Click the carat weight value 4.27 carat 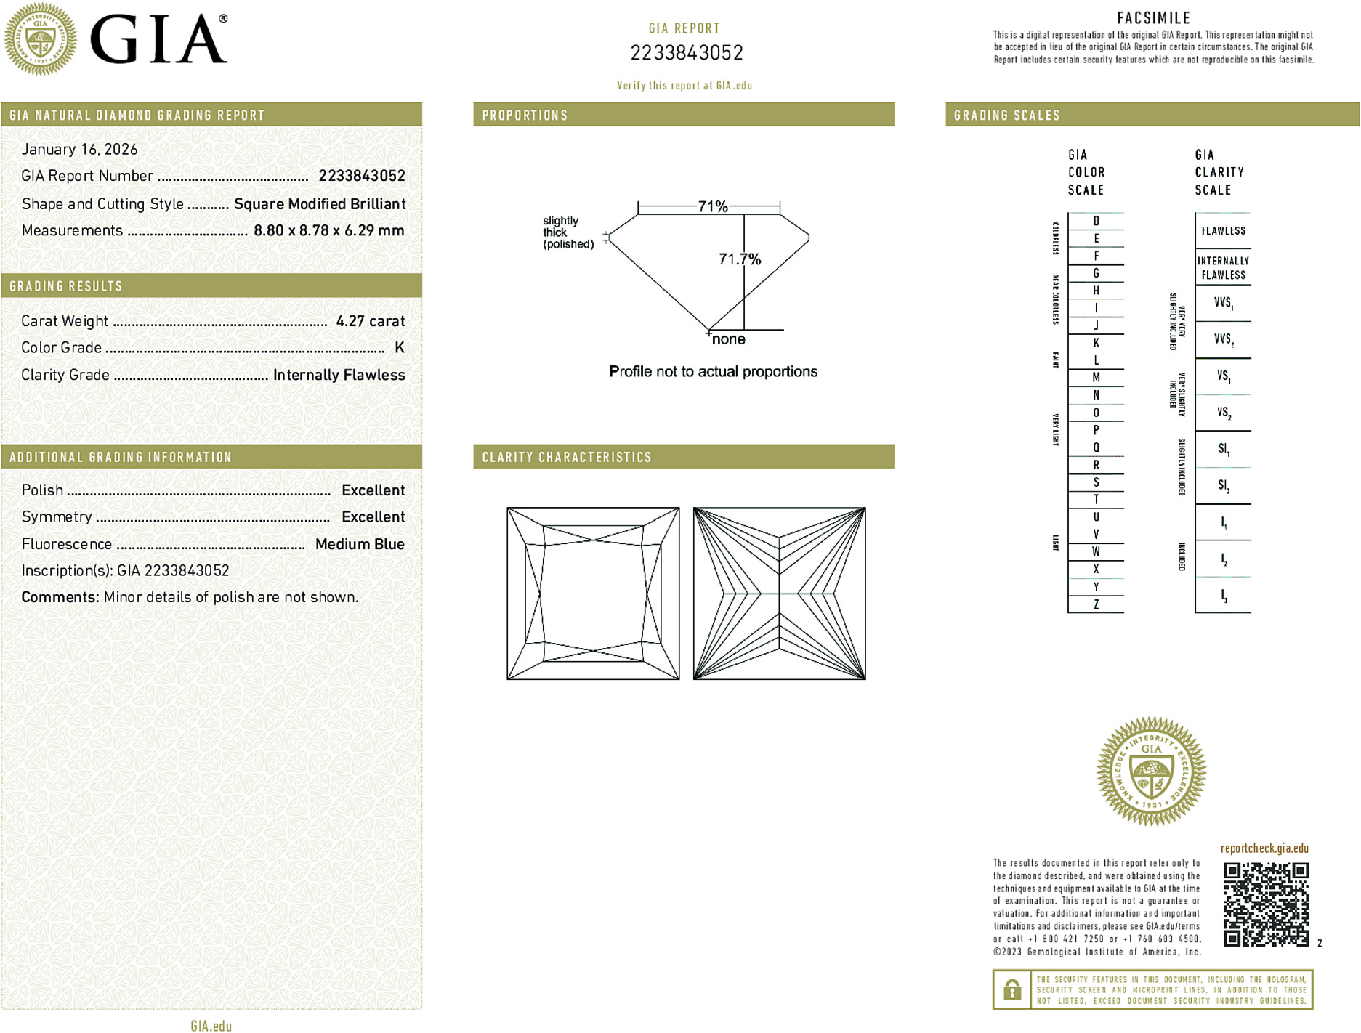[x=370, y=321]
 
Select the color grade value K [x=399, y=348]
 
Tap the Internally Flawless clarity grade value [x=339, y=375]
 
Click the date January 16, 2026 [x=79, y=149]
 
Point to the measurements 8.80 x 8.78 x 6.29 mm [x=328, y=231]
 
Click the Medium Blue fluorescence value [x=360, y=544]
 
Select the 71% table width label [x=712, y=206]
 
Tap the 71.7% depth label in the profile [x=739, y=259]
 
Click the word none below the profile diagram [x=728, y=339]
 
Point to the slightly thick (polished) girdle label [x=568, y=232]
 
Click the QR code [x=1265, y=904]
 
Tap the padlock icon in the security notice [x=1011, y=989]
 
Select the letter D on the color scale [x=1096, y=221]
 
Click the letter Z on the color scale [x=1096, y=604]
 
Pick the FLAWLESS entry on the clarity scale [x=1223, y=231]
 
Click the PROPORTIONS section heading [x=525, y=116]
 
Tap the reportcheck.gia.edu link [x=1264, y=848]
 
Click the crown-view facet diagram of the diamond [x=593, y=594]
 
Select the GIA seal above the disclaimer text [x=1151, y=771]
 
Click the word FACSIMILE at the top [x=1153, y=18]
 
